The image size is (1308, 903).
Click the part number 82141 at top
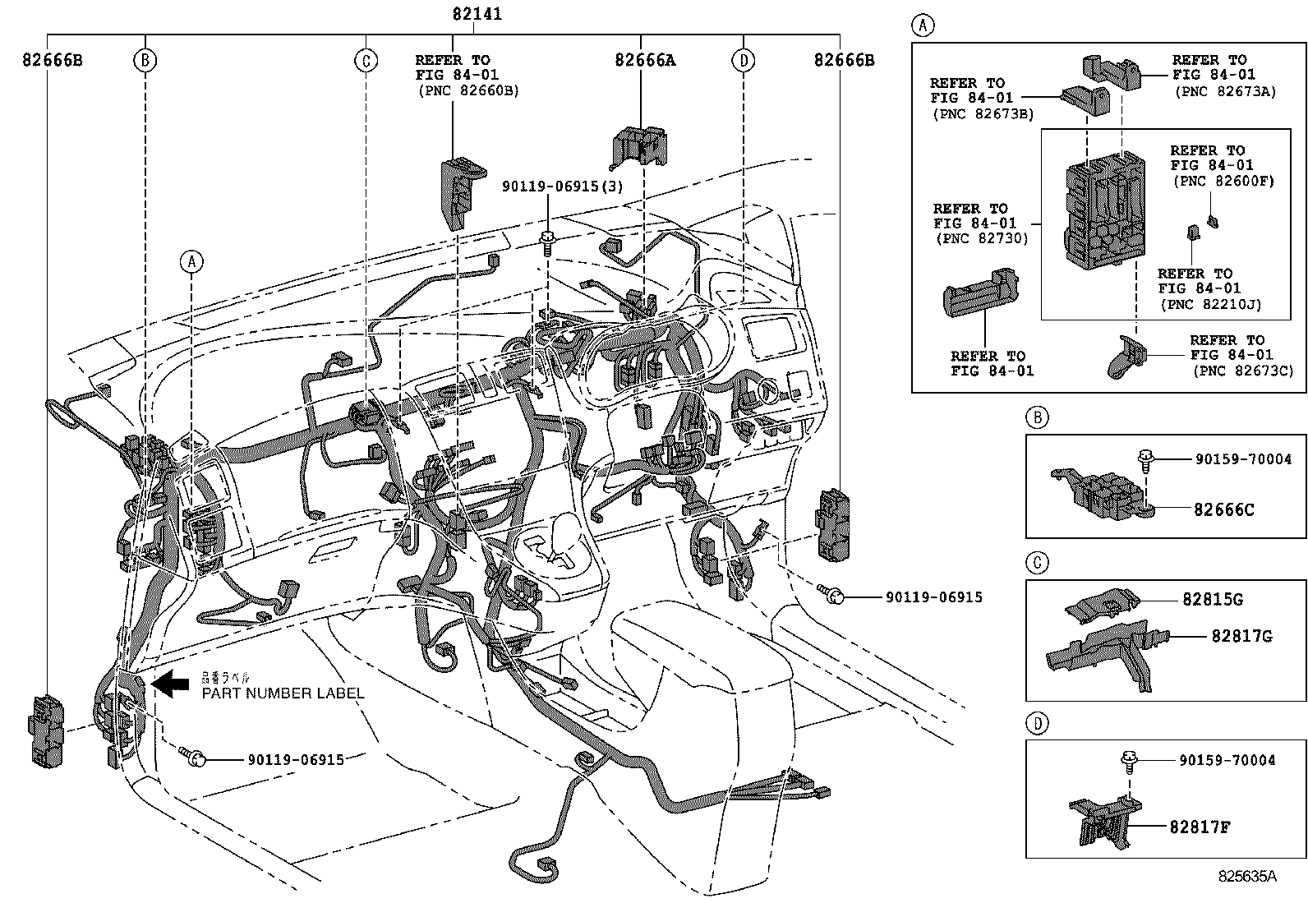tap(477, 14)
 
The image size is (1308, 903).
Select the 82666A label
tap(645, 60)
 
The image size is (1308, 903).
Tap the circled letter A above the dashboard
tap(191, 261)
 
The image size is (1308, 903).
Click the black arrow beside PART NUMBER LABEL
tap(170, 684)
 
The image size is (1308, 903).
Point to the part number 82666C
tap(1223, 509)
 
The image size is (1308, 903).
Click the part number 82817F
tap(1200, 827)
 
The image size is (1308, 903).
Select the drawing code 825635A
tap(1246, 876)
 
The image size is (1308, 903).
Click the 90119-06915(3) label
tap(563, 187)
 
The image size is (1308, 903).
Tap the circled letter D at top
tap(743, 60)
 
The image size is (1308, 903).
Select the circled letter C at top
tap(366, 60)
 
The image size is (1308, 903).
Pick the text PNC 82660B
tap(468, 90)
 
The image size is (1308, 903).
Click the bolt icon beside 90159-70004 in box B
tap(1144, 459)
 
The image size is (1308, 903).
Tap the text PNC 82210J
tap(1210, 304)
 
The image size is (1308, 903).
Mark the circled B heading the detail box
tap(1037, 418)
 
